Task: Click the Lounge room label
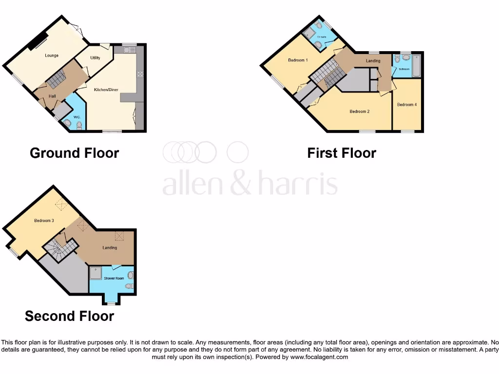(x=52, y=56)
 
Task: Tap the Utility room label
(x=95, y=58)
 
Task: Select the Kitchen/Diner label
(x=106, y=90)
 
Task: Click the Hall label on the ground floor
(x=52, y=96)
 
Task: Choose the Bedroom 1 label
(x=298, y=60)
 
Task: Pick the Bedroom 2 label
(x=360, y=112)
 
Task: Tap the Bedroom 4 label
(x=406, y=105)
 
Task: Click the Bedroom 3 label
(x=43, y=221)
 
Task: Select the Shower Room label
(x=114, y=278)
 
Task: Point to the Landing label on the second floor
(x=110, y=248)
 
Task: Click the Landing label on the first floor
(x=373, y=61)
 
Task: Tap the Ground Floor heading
(x=74, y=153)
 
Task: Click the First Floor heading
(x=342, y=153)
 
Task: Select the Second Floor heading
(x=69, y=316)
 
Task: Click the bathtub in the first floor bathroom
(x=416, y=66)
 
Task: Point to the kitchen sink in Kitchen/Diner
(x=129, y=50)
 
